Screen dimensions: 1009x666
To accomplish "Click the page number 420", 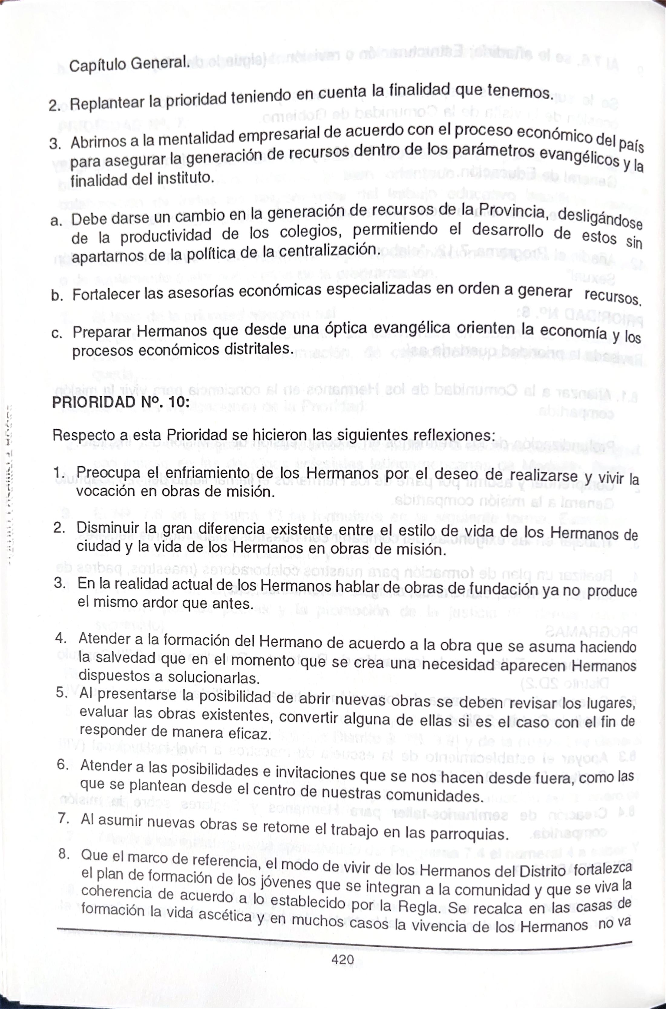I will point(342,959).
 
